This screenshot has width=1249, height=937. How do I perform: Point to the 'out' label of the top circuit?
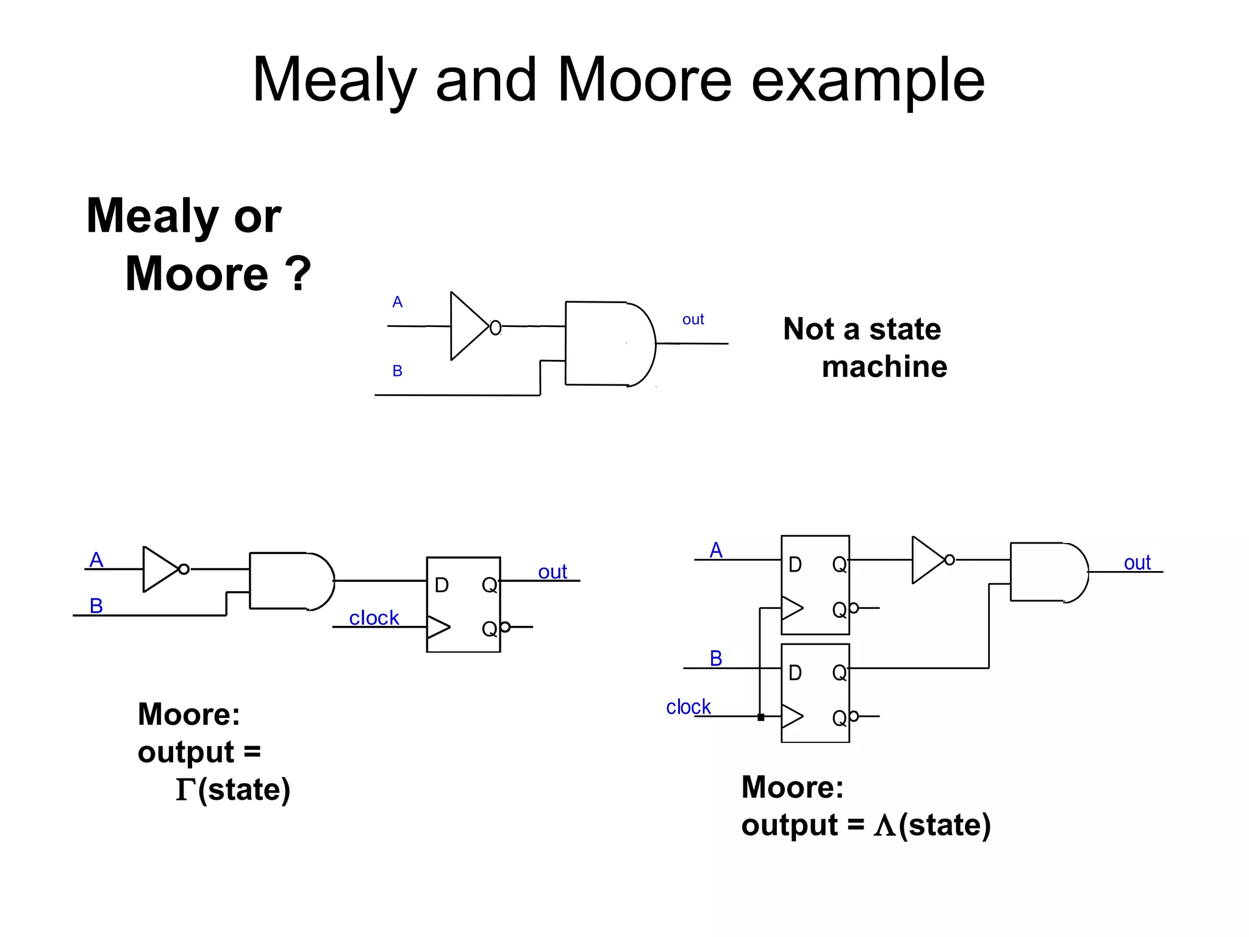tap(693, 320)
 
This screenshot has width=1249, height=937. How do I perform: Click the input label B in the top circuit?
tap(398, 371)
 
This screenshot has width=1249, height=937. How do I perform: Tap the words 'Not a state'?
tap(862, 329)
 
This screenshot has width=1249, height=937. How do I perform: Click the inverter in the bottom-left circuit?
tap(160, 569)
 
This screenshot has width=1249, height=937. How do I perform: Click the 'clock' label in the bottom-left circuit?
tap(374, 618)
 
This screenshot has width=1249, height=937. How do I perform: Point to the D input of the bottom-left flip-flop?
tap(442, 586)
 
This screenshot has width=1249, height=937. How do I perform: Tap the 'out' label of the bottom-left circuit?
tap(553, 572)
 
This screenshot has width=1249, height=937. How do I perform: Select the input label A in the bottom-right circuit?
tap(716, 550)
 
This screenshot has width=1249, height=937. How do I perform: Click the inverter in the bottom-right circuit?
tap(929, 559)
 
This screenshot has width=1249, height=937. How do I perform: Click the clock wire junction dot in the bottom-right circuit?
tap(760, 717)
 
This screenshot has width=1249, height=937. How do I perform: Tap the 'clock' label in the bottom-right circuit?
tap(688, 707)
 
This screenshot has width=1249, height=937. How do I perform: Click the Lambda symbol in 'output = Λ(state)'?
tap(884, 826)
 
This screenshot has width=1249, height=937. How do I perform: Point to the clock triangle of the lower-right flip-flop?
tap(792, 716)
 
